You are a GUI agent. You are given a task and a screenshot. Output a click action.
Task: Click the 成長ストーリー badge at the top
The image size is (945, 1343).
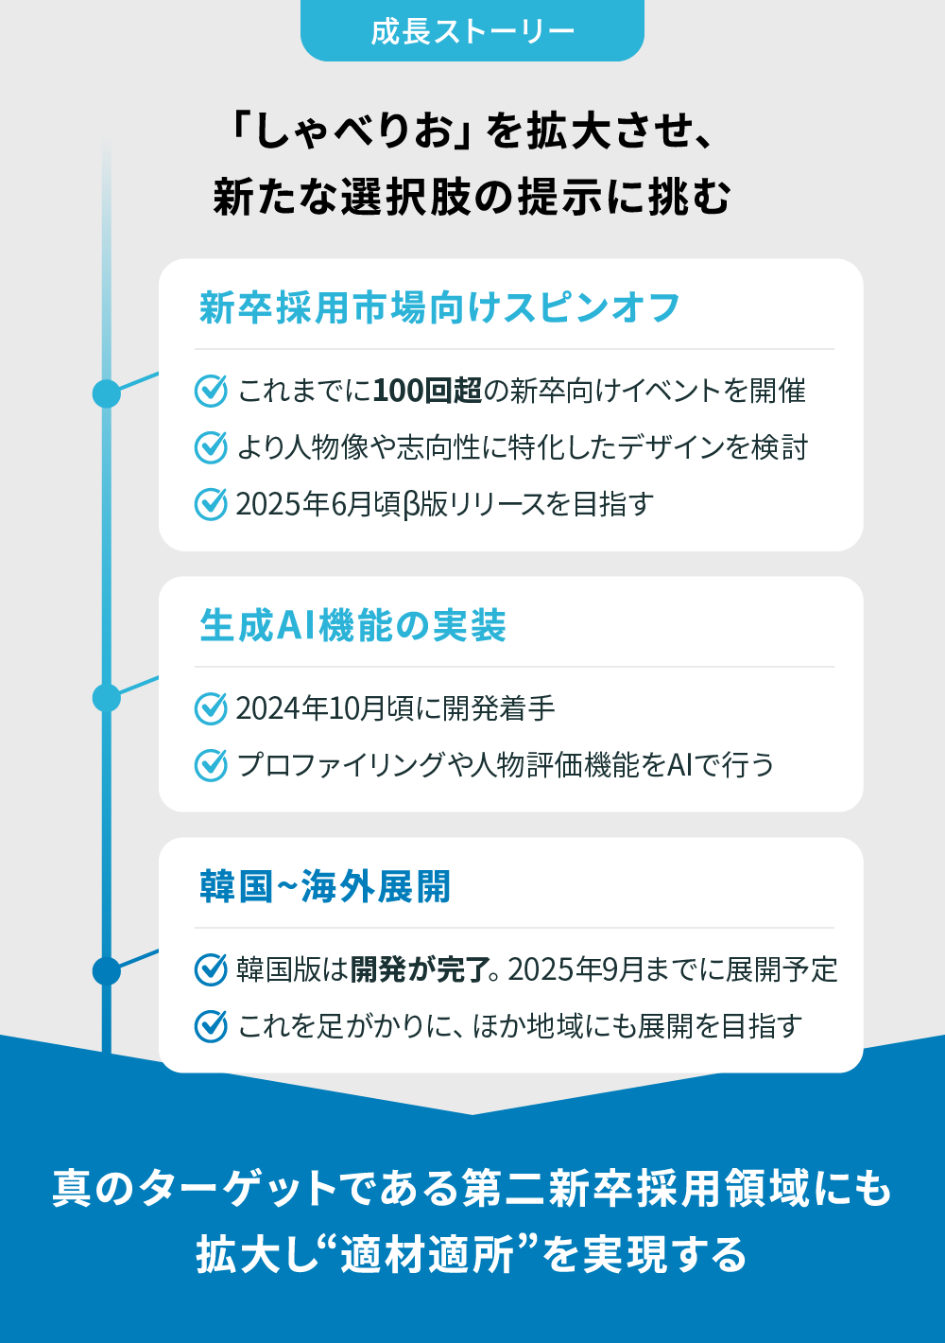[x=472, y=30]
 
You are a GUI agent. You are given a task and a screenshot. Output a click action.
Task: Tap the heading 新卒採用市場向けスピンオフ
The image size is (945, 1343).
[x=439, y=307]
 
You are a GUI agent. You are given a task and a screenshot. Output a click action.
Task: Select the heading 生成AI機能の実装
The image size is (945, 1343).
[x=352, y=625]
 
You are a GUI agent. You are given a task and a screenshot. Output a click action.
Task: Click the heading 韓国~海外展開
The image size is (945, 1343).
[x=325, y=886]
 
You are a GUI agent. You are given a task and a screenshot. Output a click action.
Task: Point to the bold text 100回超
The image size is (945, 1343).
[x=427, y=391]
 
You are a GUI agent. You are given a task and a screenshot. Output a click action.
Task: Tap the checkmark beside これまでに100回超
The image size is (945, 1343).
[x=211, y=391]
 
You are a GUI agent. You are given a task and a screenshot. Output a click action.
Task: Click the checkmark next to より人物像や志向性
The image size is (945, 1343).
[x=211, y=447]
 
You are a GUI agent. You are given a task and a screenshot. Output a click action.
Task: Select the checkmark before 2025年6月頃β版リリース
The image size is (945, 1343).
[x=211, y=504]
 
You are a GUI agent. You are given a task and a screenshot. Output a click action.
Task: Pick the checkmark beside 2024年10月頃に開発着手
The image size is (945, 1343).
[x=211, y=708]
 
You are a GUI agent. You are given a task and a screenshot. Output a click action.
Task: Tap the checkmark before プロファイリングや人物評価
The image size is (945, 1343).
[x=211, y=765]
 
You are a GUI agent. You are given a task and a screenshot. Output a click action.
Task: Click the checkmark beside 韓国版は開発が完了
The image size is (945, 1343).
[x=211, y=969]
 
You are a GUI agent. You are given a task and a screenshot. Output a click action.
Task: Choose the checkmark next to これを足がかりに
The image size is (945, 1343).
[x=211, y=1026]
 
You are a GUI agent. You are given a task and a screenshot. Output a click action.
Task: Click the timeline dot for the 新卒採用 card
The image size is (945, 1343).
[x=107, y=393]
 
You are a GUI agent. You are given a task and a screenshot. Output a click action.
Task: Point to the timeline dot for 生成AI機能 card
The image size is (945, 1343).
[x=107, y=698]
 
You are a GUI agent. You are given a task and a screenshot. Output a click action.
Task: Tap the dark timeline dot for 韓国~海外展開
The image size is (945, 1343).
[x=107, y=971]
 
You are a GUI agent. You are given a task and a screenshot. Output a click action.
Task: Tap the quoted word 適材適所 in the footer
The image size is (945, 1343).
[x=427, y=1254]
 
